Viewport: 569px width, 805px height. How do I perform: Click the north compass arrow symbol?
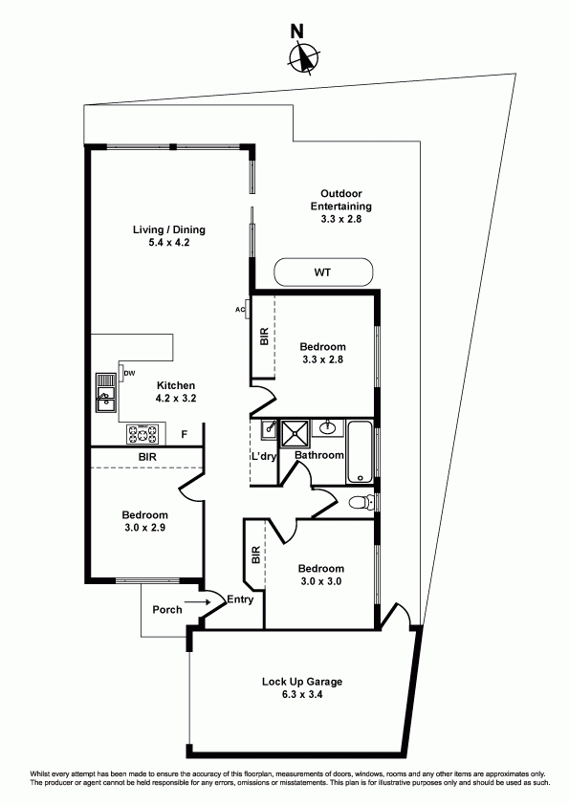point(304,56)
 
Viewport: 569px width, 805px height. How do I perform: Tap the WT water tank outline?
point(274,272)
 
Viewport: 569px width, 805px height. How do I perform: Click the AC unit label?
point(240,309)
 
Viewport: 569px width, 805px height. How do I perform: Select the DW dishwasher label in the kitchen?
point(129,373)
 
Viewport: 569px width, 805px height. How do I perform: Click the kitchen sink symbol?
point(106,393)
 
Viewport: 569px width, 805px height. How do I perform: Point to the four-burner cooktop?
point(143,434)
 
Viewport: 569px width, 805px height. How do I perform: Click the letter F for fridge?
point(184,435)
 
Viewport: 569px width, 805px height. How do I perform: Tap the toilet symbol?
point(361,502)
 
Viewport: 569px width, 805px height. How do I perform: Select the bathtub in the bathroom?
point(361,452)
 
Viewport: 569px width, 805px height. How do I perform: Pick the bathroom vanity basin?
point(328,428)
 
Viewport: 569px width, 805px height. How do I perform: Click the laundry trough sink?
point(269,429)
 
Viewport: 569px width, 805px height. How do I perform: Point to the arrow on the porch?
point(198,602)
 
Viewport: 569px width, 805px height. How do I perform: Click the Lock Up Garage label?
point(302,682)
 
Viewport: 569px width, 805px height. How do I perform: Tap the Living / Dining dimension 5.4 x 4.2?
point(169,242)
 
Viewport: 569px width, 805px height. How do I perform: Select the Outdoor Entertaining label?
point(340,200)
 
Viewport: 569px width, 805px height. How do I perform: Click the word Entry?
point(240,599)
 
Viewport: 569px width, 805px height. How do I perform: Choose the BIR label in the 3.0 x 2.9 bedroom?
point(147,456)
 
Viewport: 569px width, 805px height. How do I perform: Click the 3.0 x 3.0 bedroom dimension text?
point(321,581)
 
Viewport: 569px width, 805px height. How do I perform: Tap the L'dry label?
point(263,456)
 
